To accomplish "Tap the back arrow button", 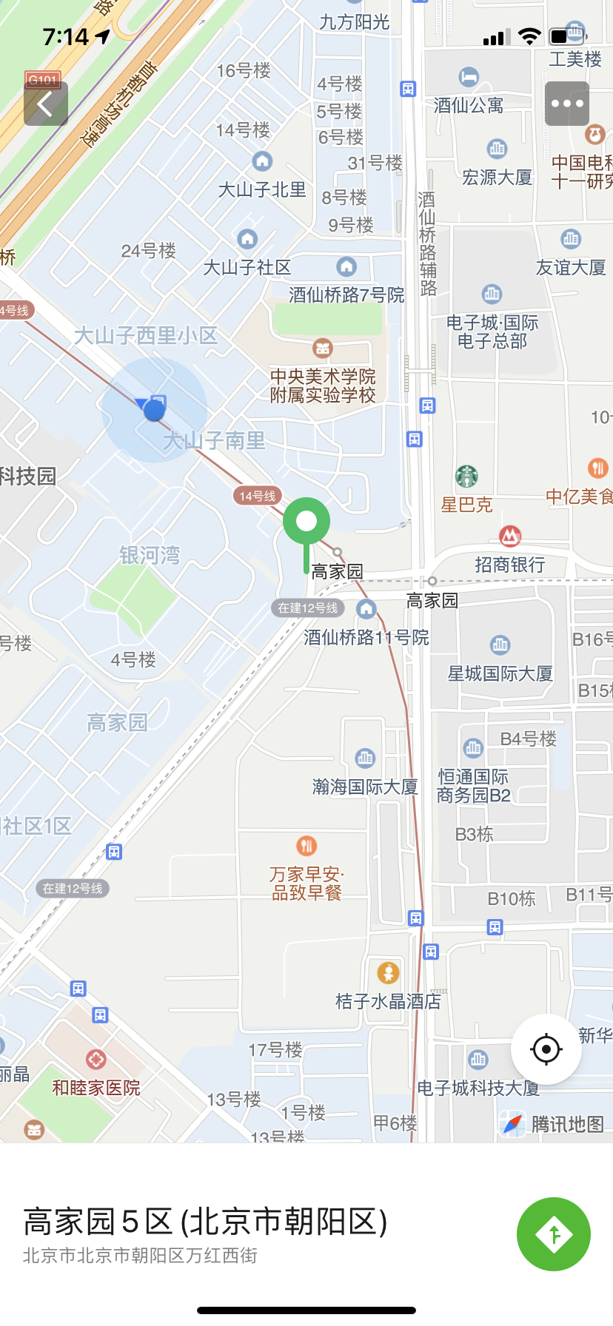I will (46, 104).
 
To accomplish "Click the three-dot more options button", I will (567, 104).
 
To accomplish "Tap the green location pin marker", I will (306, 522).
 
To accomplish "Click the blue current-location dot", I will (154, 409).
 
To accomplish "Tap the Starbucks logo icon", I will (466, 477).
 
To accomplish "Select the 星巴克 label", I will (466, 505).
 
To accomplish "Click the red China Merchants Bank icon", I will (510, 535).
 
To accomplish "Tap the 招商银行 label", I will (510, 565).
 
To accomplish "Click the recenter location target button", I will (546, 1049).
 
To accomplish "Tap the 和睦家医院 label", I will (96, 1088).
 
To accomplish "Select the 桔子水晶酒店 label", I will (388, 1001).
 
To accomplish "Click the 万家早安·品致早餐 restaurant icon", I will (306, 845).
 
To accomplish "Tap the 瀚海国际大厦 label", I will (365, 787).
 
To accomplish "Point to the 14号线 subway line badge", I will (258, 496).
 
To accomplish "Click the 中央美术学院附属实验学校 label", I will (323, 386).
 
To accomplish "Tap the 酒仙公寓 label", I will (469, 105).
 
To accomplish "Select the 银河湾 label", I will (150, 555).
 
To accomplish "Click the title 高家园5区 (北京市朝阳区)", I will (206, 1222).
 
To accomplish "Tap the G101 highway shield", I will (42, 80).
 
